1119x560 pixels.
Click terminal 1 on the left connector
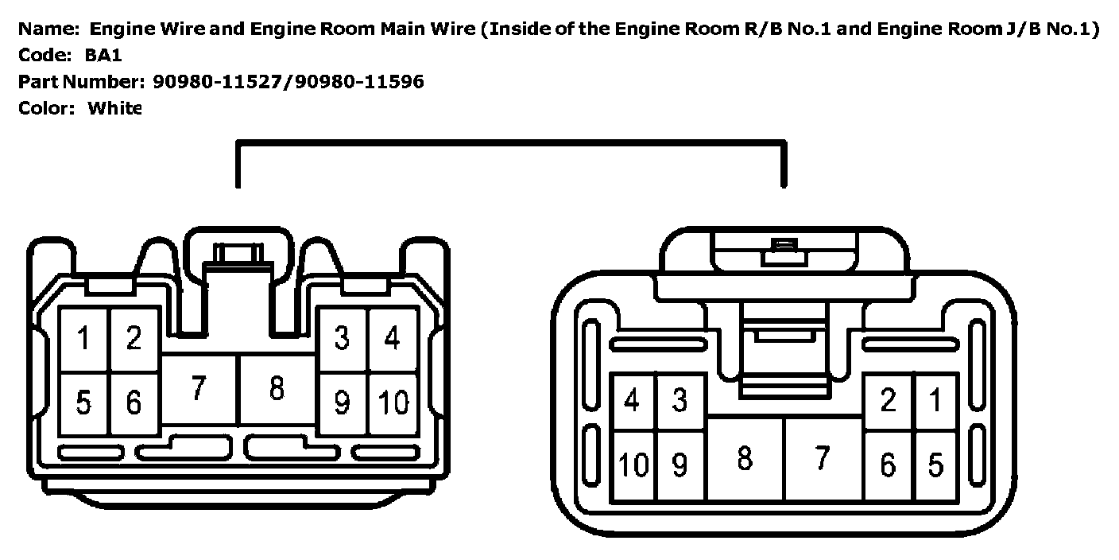(x=83, y=339)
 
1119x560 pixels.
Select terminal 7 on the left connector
(x=199, y=389)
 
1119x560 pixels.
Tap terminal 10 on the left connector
(x=393, y=403)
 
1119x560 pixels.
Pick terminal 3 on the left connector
(x=342, y=339)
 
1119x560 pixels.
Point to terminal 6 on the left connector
(x=134, y=403)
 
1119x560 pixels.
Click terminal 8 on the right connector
(x=745, y=459)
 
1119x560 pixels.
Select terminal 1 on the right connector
(x=935, y=400)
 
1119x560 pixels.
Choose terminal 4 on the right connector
(x=632, y=400)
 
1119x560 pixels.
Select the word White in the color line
(x=114, y=108)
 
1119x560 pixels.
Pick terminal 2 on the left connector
(x=134, y=339)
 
